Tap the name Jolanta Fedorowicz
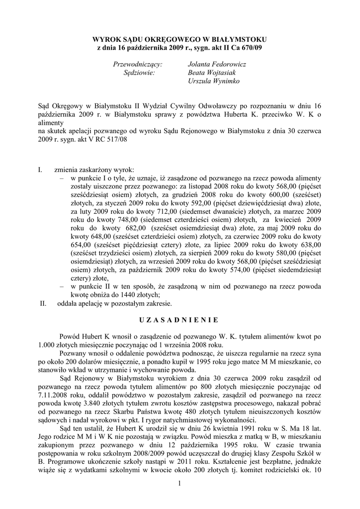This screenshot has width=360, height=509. (217, 64)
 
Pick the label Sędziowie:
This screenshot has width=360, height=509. (139, 73)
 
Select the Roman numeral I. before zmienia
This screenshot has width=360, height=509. (40, 170)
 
